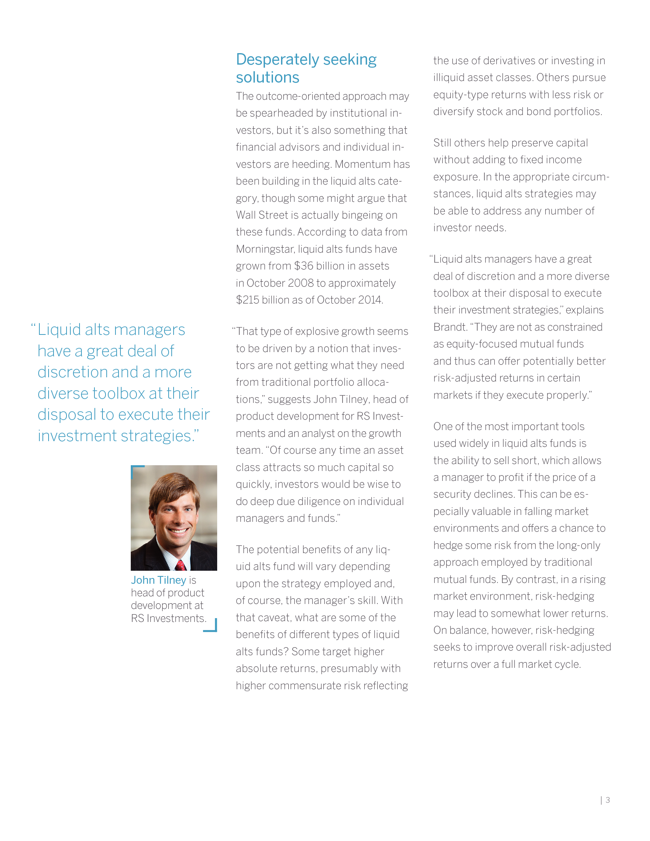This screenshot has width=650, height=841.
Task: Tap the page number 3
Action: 608,800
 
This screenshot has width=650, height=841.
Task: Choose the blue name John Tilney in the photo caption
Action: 158,580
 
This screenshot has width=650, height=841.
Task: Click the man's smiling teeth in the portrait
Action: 178,531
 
